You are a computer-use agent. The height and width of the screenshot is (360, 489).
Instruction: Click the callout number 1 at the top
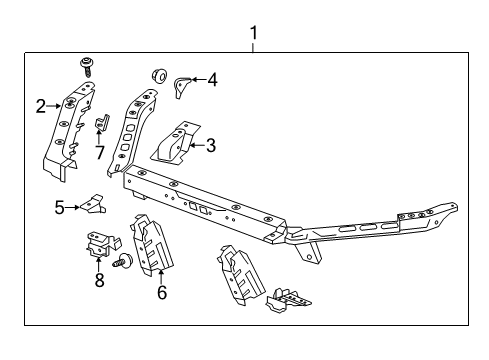click(x=254, y=33)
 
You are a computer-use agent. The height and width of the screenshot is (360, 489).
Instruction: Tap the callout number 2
click(x=41, y=105)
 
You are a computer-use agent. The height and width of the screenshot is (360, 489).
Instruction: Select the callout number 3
click(x=210, y=145)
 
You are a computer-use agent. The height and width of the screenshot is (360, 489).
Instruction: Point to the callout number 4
click(x=211, y=79)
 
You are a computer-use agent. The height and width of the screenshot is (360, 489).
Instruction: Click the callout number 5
click(x=59, y=207)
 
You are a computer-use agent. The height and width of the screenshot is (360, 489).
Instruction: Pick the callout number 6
click(x=160, y=293)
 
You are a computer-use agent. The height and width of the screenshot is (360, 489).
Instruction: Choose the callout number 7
click(x=99, y=151)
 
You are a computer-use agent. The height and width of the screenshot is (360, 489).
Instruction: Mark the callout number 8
click(x=98, y=282)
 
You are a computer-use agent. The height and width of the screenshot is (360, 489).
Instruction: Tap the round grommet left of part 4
click(x=157, y=75)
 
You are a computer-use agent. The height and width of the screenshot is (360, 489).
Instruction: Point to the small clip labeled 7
click(x=101, y=127)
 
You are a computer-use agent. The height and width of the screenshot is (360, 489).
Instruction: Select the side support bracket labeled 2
click(x=69, y=130)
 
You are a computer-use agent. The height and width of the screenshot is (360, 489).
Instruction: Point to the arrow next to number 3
click(x=197, y=145)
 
